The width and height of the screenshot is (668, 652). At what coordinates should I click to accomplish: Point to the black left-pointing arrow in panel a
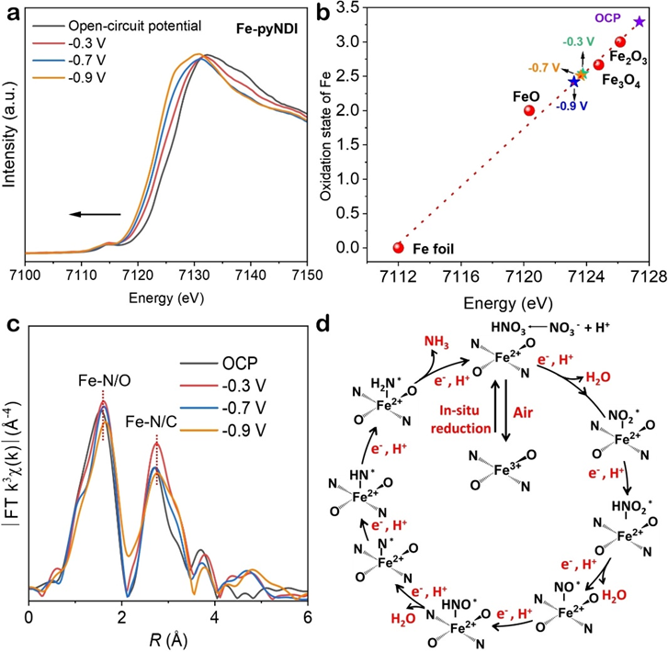point(96,214)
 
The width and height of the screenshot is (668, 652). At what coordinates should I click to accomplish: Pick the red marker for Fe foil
point(399,247)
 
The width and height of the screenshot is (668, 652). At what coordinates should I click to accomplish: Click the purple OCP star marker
point(640,21)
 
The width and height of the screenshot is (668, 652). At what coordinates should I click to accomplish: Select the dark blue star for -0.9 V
point(574,82)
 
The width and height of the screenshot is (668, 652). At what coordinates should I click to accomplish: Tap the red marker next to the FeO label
point(529,110)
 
